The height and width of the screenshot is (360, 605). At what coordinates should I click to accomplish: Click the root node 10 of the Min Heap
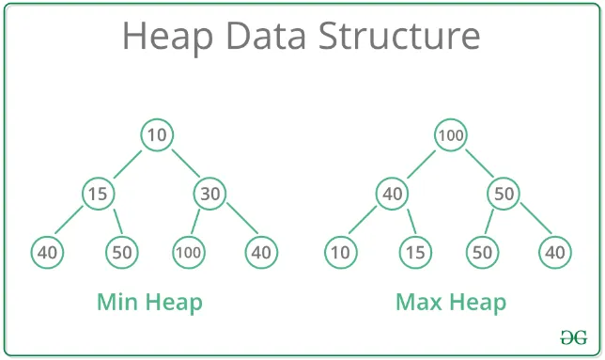point(157,135)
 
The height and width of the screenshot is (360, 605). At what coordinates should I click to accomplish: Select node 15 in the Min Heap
point(98,195)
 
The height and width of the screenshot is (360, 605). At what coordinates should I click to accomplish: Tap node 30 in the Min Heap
point(209,195)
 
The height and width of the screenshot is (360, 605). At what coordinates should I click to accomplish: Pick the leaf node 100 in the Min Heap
point(188,252)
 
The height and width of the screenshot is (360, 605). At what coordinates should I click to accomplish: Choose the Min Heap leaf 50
point(121,252)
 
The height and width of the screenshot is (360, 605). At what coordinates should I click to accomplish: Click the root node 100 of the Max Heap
point(451,135)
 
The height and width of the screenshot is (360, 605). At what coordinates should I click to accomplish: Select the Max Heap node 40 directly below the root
point(392,195)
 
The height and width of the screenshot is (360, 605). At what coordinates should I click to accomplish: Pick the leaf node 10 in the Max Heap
point(339,252)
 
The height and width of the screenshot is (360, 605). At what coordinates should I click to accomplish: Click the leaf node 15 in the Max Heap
point(414,252)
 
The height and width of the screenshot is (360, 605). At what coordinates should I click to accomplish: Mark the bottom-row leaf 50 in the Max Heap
point(482,252)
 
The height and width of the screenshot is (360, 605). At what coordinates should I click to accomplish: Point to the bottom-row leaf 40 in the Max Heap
point(554,252)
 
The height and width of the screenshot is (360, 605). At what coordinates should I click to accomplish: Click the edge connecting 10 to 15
point(128,164)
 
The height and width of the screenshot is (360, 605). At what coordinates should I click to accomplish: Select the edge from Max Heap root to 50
point(477,164)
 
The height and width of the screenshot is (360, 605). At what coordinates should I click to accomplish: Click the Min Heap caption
point(149,303)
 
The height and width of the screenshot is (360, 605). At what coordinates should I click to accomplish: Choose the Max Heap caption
point(451,303)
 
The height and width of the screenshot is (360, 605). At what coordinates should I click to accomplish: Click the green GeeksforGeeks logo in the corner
point(574,336)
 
